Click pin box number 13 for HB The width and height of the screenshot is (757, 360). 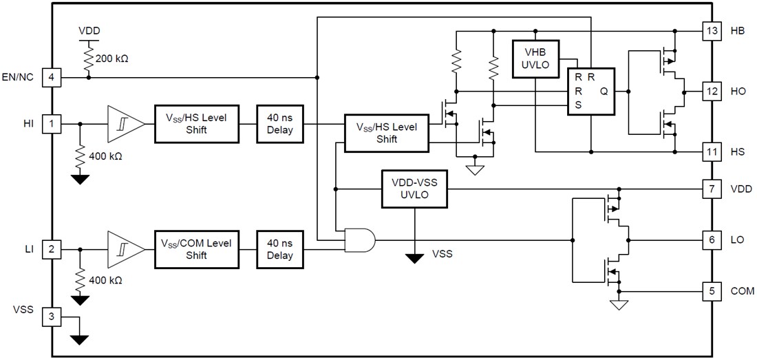click(x=712, y=31)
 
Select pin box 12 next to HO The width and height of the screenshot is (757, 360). click(x=712, y=90)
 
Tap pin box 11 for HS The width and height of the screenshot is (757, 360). click(x=712, y=150)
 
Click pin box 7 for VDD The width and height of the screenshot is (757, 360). click(x=712, y=189)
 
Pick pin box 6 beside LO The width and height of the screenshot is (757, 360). click(x=712, y=240)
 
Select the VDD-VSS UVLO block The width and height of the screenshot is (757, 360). click(x=414, y=189)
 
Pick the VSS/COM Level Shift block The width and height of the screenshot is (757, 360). click(x=197, y=248)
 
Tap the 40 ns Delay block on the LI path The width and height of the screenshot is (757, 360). click(x=279, y=248)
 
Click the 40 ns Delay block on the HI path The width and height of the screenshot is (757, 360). click(x=279, y=124)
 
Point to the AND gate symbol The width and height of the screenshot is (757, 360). click(x=360, y=240)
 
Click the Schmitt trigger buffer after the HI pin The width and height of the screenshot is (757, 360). click(x=124, y=124)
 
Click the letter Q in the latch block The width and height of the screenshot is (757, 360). click(x=604, y=91)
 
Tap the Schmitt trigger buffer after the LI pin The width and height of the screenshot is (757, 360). click(x=124, y=248)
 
